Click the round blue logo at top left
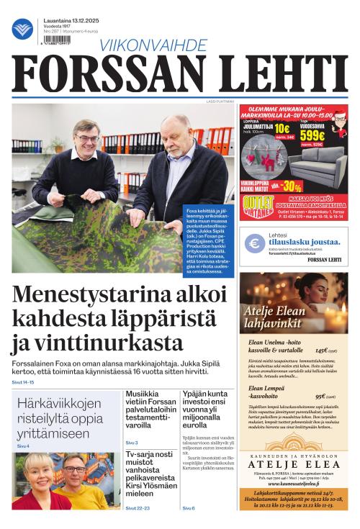point(22,29)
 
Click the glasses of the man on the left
point(86,138)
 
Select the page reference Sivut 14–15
point(23,381)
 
